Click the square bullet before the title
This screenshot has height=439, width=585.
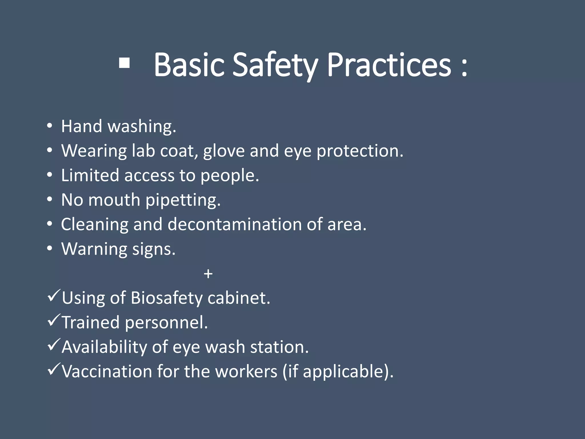click(124, 63)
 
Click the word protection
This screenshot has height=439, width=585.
click(360, 151)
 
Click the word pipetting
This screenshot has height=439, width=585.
click(183, 200)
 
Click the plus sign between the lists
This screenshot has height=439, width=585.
click(208, 274)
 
